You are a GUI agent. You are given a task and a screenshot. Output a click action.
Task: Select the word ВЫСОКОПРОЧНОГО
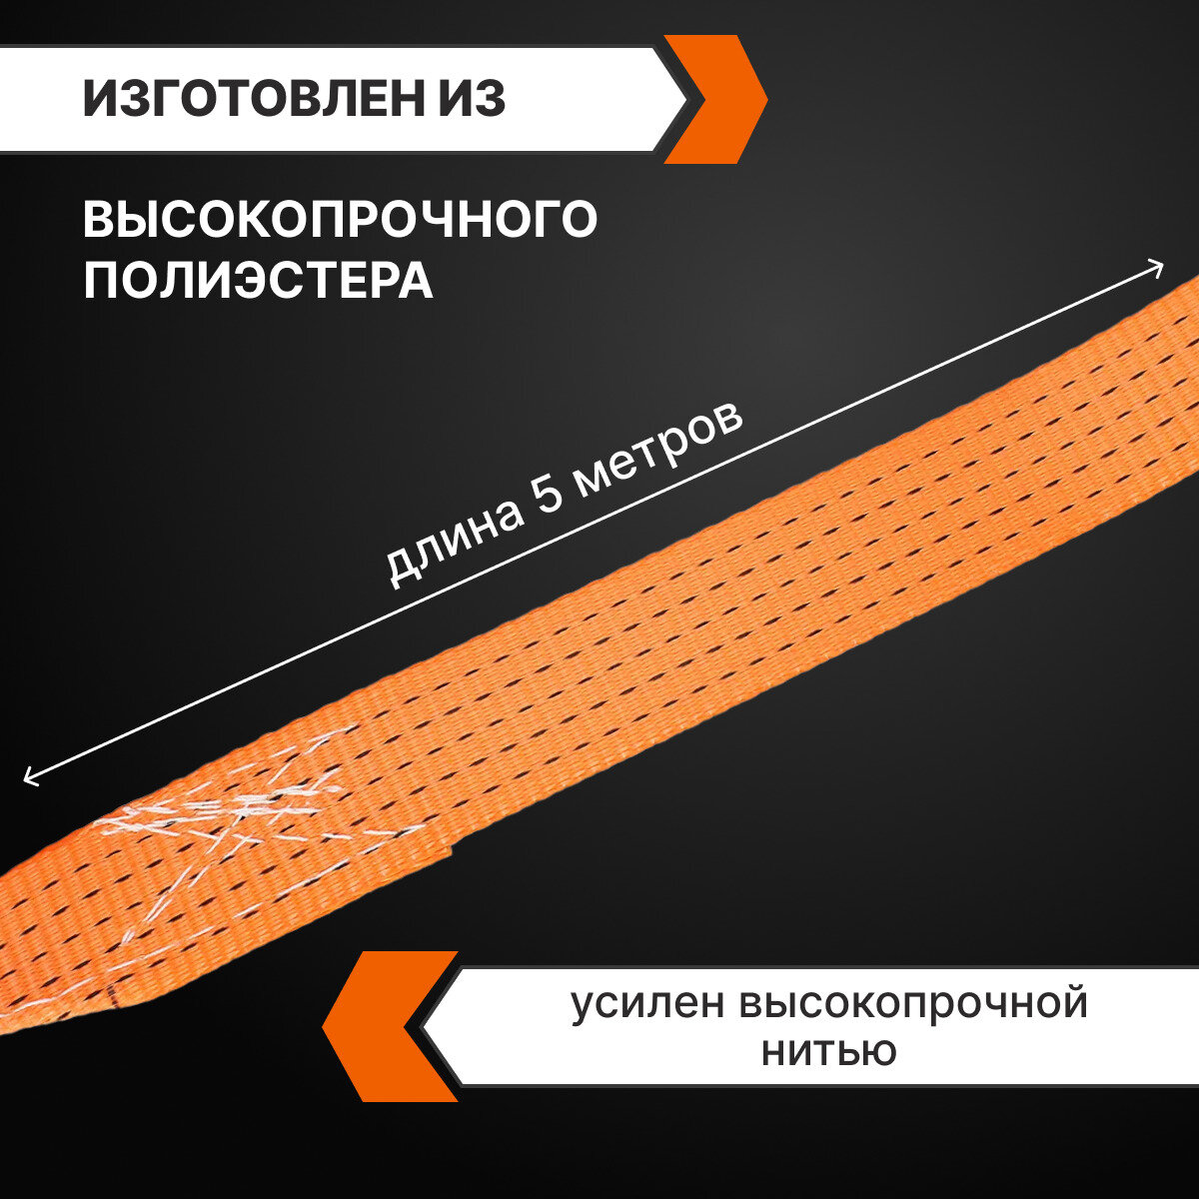point(340,220)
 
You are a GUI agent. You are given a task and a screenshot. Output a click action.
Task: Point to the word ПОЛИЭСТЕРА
point(258,281)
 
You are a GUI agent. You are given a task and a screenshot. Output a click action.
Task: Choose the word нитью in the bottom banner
point(828,1051)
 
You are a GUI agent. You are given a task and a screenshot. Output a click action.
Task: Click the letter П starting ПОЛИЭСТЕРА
point(99,281)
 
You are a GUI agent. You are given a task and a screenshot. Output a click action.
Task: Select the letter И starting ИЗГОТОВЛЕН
point(101,100)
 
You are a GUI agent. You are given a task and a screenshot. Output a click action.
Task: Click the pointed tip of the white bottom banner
point(426,1026)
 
